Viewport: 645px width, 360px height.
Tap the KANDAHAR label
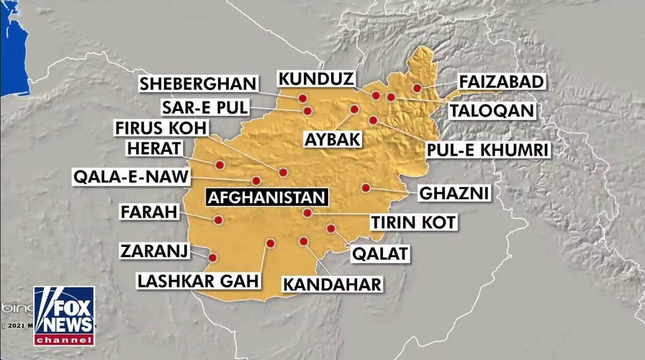click(332, 284)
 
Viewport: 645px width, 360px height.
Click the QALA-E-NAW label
click(132, 177)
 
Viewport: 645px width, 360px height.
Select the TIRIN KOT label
click(412, 222)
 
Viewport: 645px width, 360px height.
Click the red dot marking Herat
click(220, 165)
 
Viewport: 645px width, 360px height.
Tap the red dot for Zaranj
click(213, 257)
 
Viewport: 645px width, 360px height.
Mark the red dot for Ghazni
click(366, 188)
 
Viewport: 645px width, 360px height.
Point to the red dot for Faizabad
click(417, 88)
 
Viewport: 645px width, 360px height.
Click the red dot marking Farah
click(218, 220)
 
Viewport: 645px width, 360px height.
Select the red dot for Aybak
click(354, 109)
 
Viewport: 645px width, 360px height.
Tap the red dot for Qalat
click(330, 228)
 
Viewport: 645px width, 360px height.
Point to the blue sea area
click(13, 50)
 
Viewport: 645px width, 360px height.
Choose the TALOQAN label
click(492, 110)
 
